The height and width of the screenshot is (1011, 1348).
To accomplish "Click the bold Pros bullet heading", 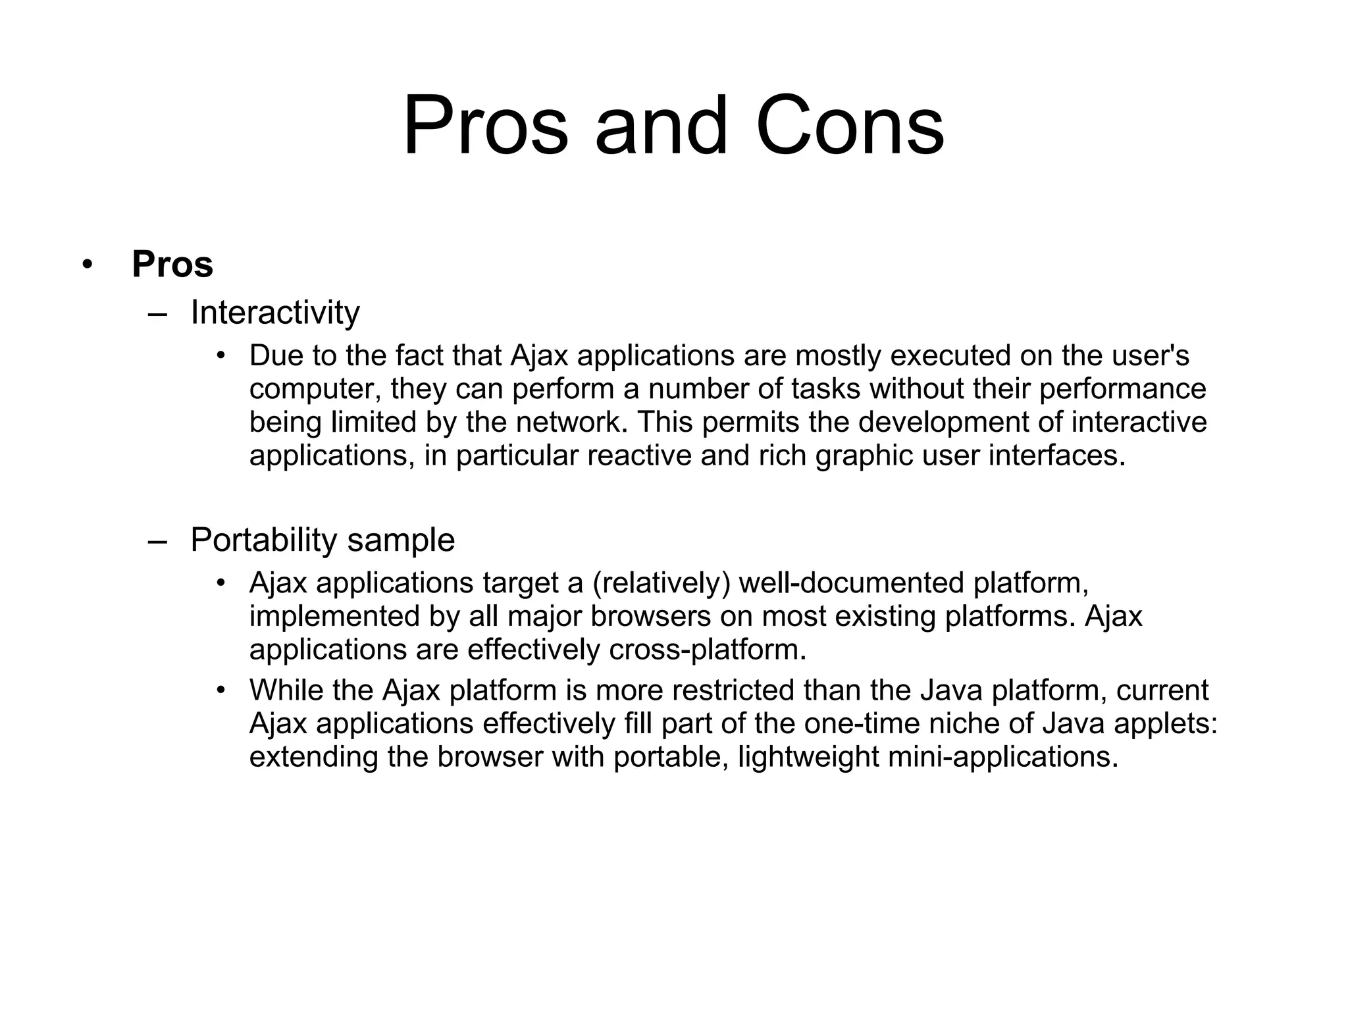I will coord(172,265).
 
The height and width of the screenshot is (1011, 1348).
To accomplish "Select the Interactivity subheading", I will coord(275,313).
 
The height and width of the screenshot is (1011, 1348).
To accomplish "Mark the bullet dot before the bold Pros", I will coord(86,265).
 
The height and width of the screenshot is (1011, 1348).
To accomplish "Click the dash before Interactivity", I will coord(158,314).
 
